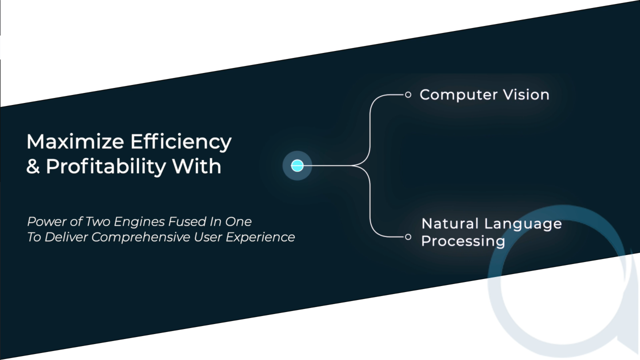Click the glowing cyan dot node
click(x=297, y=165)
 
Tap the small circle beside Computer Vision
click(x=408, y=94)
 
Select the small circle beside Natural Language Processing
click(x=408, y=237)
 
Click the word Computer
click(x=458, y=95)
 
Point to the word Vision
click(x=526, y=94)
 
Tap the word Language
click(x=524, y=224)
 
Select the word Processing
click(x=463, y=241)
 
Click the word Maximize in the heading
click(x=75, y=141)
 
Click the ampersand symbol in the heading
click(x=33, y=166)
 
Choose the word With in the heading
click(x=196, y=166)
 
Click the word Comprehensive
click(x=141, y=237)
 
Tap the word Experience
click(x=260, y=237)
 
